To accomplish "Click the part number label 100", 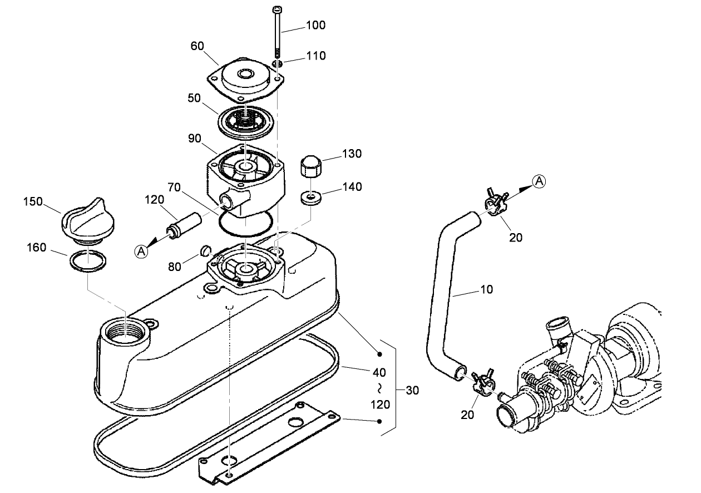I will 315,25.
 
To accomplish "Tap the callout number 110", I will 315,56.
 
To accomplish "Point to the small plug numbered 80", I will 204,249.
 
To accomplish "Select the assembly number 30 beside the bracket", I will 412,390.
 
